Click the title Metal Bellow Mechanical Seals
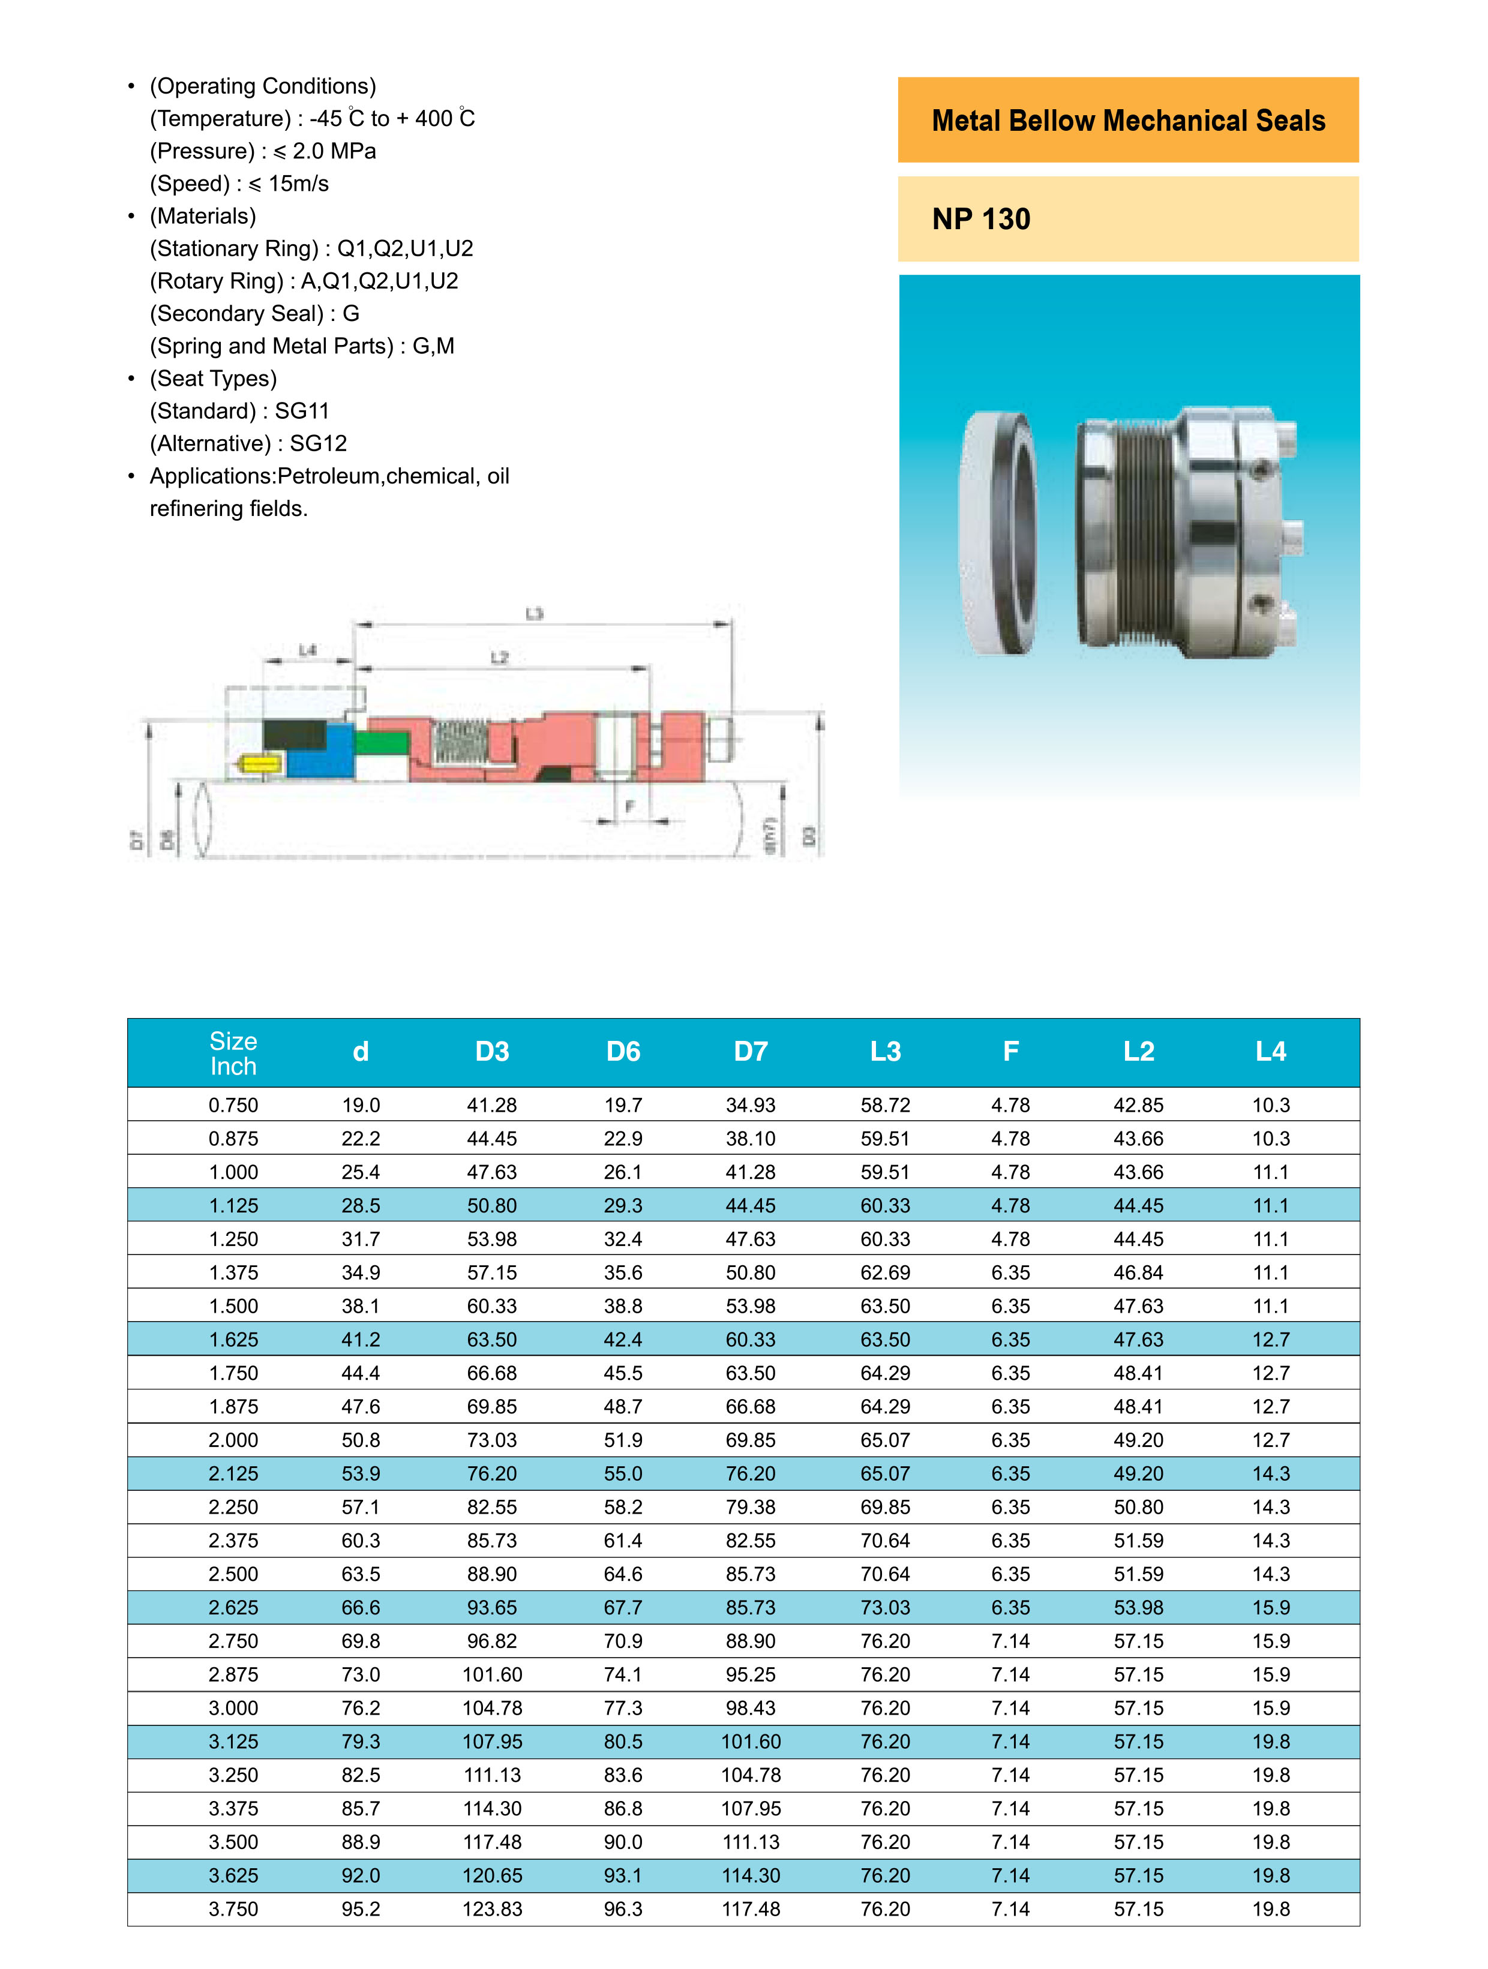coord(1127,121)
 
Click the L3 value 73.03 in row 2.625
coord(885,1608)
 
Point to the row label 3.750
coord(233,1910)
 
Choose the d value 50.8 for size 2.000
coord(361,1440)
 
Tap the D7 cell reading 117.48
coord(751,1910)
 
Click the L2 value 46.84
coord(1138,1273)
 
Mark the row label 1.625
coord(233,1340)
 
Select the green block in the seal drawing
coord(381,742)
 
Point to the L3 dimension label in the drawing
coord(534,613)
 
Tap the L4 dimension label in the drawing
coord(307,651)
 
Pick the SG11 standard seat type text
coord(302,411)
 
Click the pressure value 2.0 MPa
coord(334,151)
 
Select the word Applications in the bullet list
coord(212,476)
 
